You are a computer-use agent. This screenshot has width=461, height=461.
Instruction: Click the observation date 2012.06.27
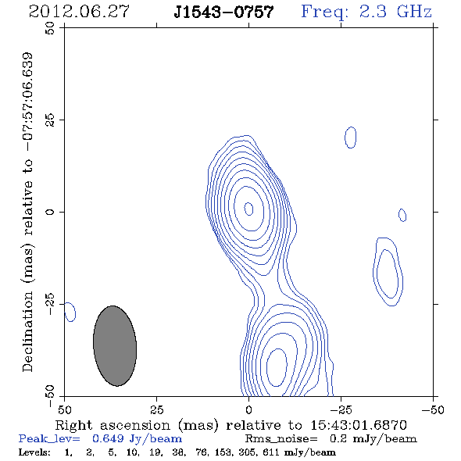tap(79, 12)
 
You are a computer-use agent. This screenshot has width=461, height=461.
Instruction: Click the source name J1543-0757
tap(223, 12)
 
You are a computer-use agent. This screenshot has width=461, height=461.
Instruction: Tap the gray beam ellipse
tap(115, 345)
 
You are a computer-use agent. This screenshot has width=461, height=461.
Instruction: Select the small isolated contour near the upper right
tap(351, 138)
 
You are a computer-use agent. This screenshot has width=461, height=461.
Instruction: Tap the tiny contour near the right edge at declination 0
tap(402, 215)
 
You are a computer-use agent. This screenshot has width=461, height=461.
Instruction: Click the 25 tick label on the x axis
tap(156, 409)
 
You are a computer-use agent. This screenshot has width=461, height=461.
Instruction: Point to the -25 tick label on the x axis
tap(341, 409)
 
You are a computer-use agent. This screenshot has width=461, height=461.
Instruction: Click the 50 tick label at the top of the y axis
tap(50, 28)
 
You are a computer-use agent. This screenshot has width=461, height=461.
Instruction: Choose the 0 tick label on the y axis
tap(50, 212)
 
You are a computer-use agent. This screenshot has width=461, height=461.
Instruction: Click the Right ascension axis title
tap(230, 425)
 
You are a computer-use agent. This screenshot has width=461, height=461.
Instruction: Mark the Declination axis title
tap(28, 212)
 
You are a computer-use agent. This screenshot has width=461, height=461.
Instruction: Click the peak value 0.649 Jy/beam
tap(137, 439)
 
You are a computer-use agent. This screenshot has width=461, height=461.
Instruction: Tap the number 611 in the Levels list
tap(271, 452)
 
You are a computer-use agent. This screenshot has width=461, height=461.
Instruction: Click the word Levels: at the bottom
tap(34, 452)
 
